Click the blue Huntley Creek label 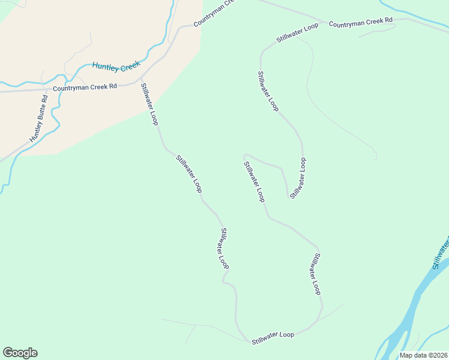116,64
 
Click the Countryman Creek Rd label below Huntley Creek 85,87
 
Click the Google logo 20,353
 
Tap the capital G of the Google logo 8,353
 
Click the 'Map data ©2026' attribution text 423,355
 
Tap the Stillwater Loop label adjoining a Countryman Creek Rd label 297,32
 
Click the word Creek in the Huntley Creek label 129,62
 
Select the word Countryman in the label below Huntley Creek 71,88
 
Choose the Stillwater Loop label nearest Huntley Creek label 149,104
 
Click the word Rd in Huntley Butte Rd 44,100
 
